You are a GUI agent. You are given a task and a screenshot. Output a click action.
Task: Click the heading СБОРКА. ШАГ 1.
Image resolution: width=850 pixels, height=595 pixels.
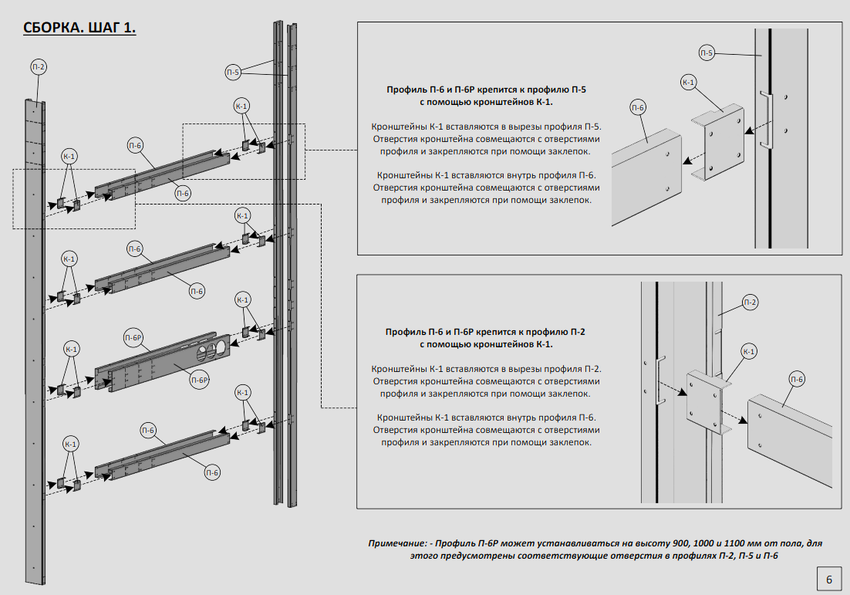point(80,29)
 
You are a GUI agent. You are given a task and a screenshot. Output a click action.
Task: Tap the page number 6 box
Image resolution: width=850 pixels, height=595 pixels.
point(828,579)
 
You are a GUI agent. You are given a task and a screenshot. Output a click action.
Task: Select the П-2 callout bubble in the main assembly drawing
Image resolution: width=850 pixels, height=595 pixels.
point(39,67)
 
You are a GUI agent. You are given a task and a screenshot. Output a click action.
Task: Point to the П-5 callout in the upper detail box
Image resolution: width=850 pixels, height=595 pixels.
point(707,52)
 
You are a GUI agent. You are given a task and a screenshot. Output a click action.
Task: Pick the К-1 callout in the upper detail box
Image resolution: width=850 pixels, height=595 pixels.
point(689,83)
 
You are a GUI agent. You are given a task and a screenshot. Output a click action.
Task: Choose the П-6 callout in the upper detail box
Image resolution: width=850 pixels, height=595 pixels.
point(638,108)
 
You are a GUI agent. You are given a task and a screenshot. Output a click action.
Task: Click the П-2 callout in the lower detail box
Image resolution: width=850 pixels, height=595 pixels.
point(749,302)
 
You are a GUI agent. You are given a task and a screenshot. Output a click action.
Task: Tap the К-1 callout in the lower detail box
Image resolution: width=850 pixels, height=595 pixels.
point(749,351)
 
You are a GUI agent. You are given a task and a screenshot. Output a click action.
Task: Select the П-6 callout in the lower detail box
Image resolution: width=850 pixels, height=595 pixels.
point(798,378)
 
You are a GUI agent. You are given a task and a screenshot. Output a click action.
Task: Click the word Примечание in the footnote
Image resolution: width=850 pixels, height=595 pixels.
point(399,543)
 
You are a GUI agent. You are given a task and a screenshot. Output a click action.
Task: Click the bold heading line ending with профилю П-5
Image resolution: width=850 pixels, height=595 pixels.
point(486,90)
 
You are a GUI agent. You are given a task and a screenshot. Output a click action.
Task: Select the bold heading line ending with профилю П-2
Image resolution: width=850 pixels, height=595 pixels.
point(486,332)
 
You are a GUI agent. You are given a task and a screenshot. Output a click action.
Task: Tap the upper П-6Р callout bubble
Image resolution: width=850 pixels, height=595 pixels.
point(134,338)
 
